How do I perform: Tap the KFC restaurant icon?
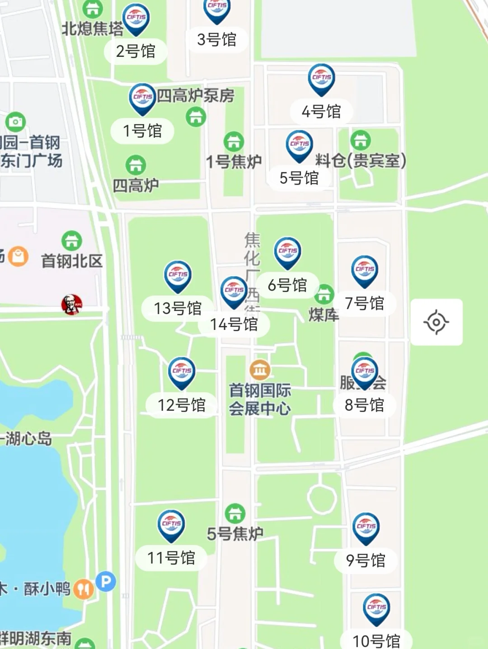tap(72, 304)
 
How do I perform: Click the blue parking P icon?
tap(106, 581)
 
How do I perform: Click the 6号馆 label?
tap(287, 285)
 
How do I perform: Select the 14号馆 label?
tap(234, 324)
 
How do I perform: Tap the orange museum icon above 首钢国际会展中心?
tap(260, 370)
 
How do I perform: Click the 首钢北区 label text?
tap(72, 261)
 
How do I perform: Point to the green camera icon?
tap(16, 122)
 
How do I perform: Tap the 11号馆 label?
tap(171, 558)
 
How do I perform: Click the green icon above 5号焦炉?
tap(235, 513)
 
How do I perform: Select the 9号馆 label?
tap(366, 561)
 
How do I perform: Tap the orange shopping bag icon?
tap(18, 256)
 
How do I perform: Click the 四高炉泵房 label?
tap(195, 95)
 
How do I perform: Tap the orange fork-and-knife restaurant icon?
tap(83, 589)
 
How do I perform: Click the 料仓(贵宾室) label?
tap(361, 160)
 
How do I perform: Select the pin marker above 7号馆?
tap(365, 270)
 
